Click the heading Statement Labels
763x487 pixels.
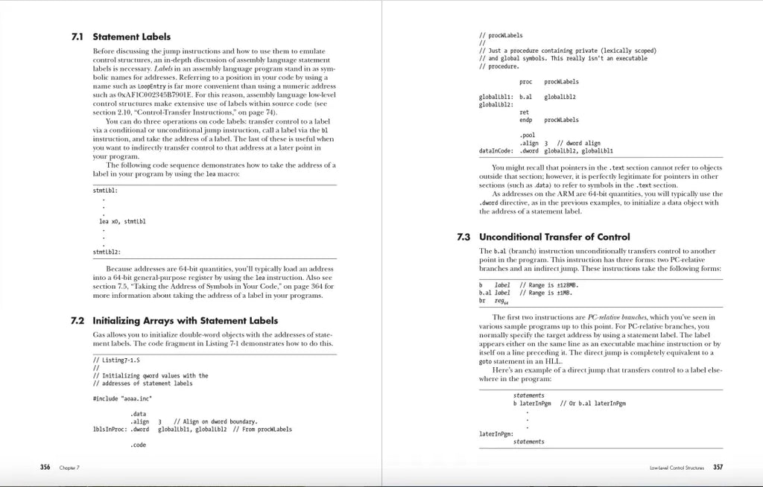(x=131, y=36)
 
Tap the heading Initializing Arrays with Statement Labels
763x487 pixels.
(x=185, y=321)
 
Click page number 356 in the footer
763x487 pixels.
(x=45, y=467)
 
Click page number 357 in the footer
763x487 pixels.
(x=718, y=467)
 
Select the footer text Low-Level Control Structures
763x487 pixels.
(x=677, y=468)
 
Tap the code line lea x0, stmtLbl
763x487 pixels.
(x=122, y=221)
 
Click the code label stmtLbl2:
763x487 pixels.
(x=104, y=252)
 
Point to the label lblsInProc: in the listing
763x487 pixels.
(x=107, y=429)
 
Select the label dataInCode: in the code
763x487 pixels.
(x=497, y=150)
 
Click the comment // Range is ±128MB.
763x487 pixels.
(x=548, y=284)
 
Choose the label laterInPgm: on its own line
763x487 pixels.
(x=494, y=433)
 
